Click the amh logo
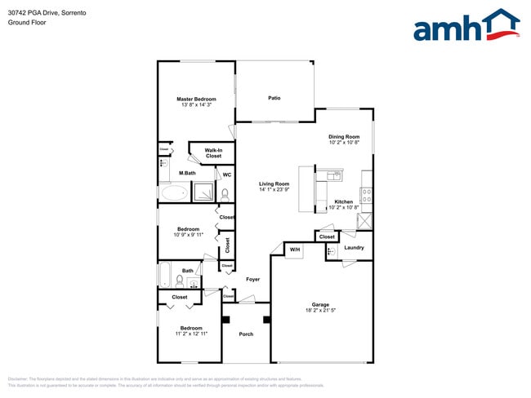[466, 26]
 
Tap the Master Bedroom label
[196, 99]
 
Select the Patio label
[274, 98]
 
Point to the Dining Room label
[344, 136]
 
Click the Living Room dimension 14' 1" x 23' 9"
[274, 190]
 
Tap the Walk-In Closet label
[213, 153]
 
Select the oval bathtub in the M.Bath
[173, 193]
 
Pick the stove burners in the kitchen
[367, 196]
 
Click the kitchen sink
[333, 175]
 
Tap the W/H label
[295, 249]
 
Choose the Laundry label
[354, 247]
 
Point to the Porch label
[246, 334]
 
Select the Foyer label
[253, 279]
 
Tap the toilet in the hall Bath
[179, 281]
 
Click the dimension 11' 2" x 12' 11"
[191, 334]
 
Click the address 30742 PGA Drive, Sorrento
[48, 13]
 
